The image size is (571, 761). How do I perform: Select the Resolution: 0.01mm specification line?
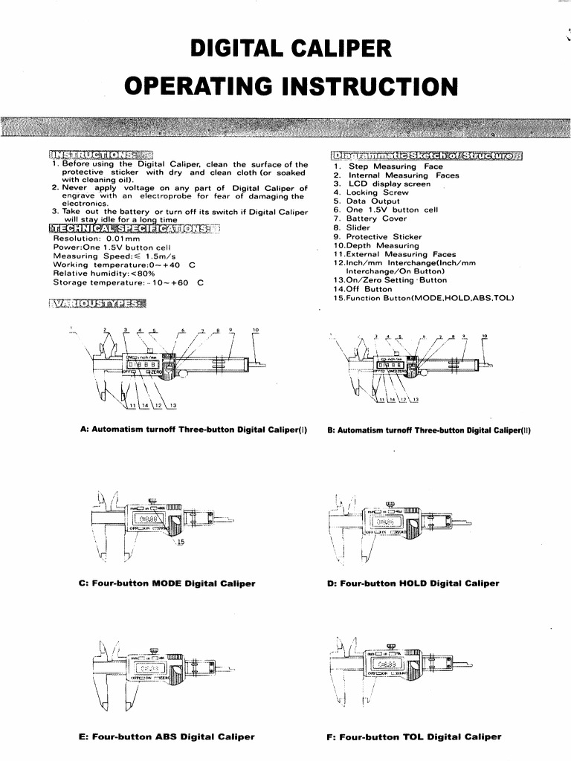(97, 239)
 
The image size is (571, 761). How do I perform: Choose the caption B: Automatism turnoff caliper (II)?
(429, 430)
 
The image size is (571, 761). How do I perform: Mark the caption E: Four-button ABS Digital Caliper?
(167, 737)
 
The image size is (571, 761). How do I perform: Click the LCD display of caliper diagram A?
(143, 364)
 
